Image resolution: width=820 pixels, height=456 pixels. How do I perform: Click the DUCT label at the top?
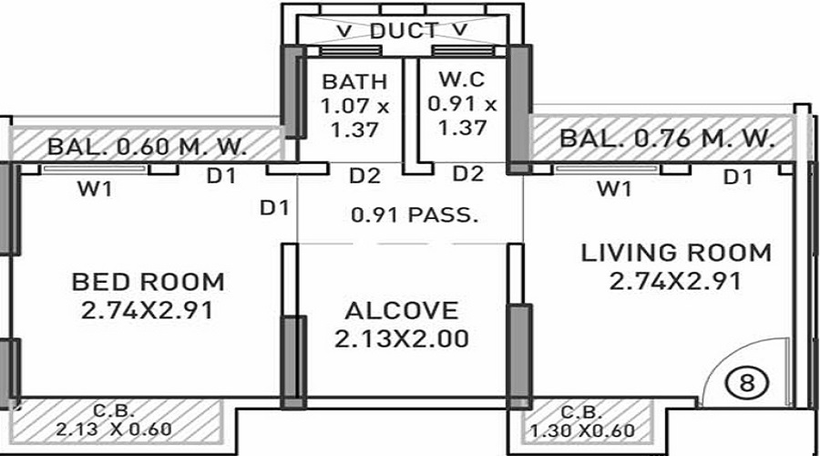point(402,31)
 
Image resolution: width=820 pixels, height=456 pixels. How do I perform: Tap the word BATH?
point(354,82)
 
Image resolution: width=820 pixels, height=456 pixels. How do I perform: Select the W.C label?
point(462,80)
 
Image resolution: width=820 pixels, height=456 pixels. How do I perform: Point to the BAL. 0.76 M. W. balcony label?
point(667,140)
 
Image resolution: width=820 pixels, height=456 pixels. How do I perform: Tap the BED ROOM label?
point(148,282)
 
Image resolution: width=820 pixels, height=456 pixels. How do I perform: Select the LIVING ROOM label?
point(676,253)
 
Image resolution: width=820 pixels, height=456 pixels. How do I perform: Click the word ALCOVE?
point(402,311)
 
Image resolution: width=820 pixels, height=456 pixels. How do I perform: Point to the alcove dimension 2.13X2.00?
point(402,340)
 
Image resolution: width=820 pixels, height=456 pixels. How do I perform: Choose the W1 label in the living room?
point(613,191)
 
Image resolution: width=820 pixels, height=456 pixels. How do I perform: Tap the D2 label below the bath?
point(364,173)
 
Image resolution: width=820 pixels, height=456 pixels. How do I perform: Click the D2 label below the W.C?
point(467,173)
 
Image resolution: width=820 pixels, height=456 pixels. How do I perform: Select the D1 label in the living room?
point(737,178)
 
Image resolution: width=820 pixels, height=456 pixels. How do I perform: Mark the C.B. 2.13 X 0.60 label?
point(113,420)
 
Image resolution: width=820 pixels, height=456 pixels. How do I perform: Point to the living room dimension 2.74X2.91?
point(676,282)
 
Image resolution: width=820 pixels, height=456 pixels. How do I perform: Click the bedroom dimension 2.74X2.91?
point(148,311)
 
